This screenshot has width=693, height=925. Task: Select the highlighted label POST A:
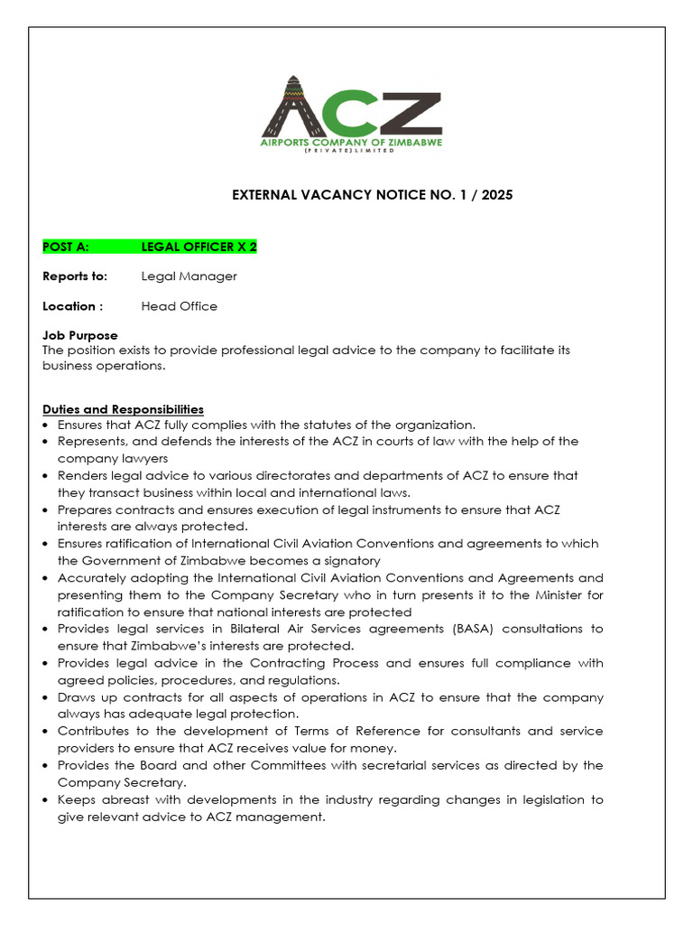pos(66,247)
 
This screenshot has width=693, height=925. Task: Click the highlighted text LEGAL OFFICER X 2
pos(192,247)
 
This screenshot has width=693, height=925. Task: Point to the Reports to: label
pos(75,276)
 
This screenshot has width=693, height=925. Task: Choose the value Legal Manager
pos(189,276)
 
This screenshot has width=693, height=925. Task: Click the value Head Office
pos(179,306)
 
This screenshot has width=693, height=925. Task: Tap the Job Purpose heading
pos(80,336)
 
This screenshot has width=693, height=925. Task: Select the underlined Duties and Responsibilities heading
pos(123,409)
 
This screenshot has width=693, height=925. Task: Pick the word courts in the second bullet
pos(343,442)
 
